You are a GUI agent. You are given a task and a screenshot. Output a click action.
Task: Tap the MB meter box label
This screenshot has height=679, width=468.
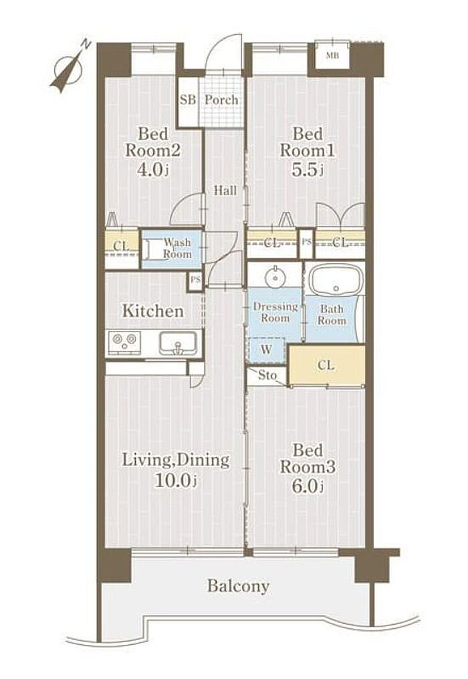pos(332,55)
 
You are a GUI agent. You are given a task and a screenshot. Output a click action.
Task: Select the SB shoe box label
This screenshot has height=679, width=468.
pos(188,100)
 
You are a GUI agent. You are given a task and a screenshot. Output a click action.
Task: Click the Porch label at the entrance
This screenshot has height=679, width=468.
pos(221,100)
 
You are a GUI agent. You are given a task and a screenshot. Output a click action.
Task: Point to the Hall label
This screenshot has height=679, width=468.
pos(225,190)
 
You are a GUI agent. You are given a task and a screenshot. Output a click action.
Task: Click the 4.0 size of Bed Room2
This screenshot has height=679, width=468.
pos(152,169)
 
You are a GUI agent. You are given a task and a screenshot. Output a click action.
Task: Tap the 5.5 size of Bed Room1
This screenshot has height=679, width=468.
pos(308,169)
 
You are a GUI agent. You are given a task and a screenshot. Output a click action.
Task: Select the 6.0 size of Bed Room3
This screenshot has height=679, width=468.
pos(308,486)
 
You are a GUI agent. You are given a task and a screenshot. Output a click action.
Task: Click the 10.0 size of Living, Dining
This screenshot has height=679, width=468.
pos(175,480)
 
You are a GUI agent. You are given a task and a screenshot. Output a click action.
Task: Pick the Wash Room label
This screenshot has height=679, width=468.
pos(177,248)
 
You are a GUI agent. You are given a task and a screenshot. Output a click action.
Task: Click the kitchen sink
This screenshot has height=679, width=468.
pos(177,344)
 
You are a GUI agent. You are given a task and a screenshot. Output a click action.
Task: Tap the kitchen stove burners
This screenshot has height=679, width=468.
pos(125,342)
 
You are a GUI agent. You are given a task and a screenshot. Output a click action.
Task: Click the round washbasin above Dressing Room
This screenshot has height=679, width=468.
pos(274,277)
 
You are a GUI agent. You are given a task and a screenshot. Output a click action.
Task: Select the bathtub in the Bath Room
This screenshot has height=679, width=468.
pos(336,281)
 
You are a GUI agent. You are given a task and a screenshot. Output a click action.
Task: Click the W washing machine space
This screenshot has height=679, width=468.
pos(266,349)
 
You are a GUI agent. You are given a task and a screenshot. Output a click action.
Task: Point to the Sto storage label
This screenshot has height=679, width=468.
pos(267,375)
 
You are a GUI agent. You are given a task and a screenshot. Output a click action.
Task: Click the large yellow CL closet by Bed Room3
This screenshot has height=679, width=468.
pos(327,364)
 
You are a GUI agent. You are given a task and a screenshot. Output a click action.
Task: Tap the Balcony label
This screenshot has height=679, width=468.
pos(238,585)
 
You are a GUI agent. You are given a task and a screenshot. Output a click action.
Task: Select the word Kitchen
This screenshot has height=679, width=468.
pos(152,311)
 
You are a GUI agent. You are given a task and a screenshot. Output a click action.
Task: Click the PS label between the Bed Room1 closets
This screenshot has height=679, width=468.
pos(306,242)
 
